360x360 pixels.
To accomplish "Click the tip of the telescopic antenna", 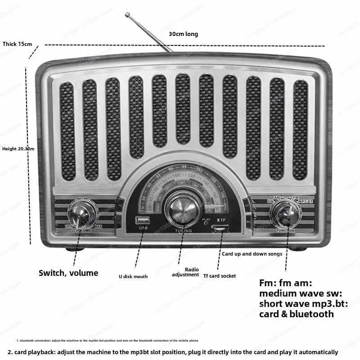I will click(128, 15).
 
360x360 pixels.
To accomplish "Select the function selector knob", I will click(287, 213).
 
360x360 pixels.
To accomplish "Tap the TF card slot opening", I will click(220, 227).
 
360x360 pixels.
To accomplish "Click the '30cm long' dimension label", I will click(183, 34).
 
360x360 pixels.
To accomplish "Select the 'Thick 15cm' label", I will click(18, 44).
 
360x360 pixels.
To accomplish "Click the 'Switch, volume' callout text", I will click(68, 273).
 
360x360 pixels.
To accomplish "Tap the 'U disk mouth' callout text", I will click(133, 276).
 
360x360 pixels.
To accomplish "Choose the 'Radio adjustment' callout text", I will click(185, 272).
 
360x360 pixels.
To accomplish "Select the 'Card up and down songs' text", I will click(252, 254).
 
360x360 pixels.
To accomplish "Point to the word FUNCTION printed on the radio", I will click(286, 231).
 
